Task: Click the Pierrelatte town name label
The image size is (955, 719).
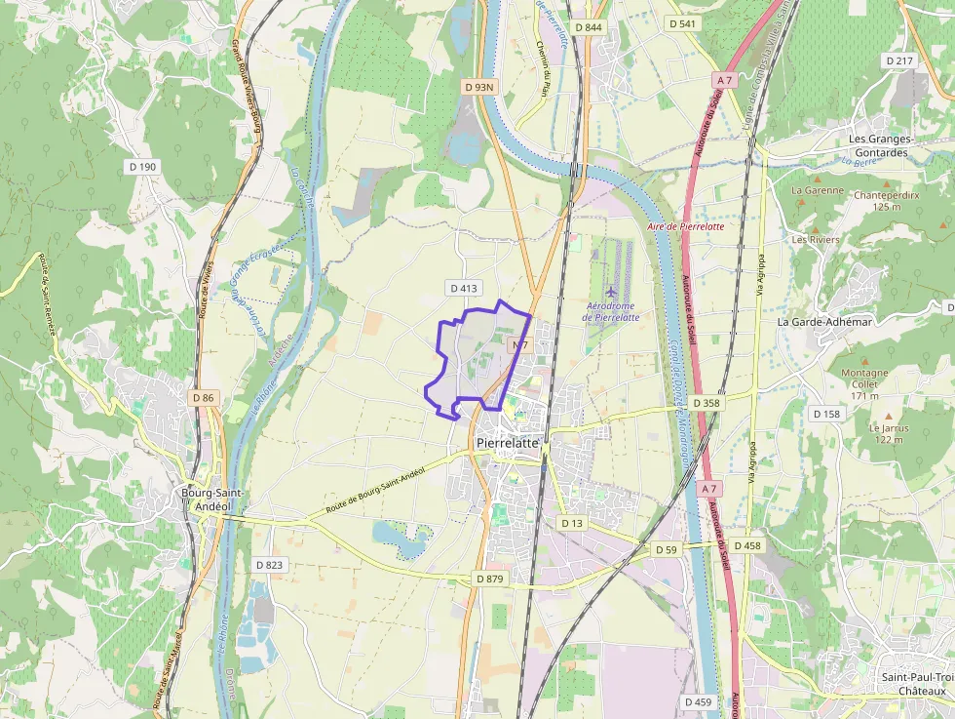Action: pos(508,443)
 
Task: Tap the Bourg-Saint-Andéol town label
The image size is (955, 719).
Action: pos(206,499)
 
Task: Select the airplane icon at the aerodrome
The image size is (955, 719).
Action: pos(611,291)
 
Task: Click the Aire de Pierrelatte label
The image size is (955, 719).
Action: pos(685,225)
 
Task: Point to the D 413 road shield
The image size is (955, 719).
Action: pos(464,288)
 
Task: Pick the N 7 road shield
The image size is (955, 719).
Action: pos(518,345)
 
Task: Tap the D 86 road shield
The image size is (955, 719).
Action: pos(203,398)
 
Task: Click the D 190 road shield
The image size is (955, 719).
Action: pos(142,167)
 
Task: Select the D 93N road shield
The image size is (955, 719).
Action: pos(479,87)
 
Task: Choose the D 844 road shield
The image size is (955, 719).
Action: pos(588,27)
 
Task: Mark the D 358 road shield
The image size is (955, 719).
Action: pos(706,403)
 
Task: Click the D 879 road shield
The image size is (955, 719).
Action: pos(491,579)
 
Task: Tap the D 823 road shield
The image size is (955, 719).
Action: pos(269,565)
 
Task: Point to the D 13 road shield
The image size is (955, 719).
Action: pos(571,523)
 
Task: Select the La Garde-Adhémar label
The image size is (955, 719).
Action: pos(824,321)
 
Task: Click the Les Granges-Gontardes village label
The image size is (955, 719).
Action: pos(878,145)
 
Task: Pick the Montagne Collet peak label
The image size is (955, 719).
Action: pos(863,379)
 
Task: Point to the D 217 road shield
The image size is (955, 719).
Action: pos(900,60)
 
